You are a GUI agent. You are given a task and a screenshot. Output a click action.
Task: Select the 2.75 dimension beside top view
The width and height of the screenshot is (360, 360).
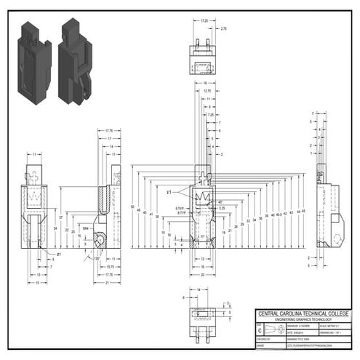pyautogui.click(x=223, y=28)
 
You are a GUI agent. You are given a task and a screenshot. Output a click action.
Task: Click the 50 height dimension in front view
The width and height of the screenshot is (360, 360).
pyautogui.click(x=132, y=207)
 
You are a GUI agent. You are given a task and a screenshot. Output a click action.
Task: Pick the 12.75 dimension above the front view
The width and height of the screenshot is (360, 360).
pyautogui.click(x=207, y=91)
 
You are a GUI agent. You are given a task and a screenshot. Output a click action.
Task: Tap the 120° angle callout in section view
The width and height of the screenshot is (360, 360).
pyautogui.click(x=97, y=258)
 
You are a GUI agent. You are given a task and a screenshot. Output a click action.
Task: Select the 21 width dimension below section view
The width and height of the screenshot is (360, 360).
pyautogui.click(x=106, y=283)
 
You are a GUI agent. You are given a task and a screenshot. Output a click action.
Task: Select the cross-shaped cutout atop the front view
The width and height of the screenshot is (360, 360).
pyautogui.click(x=204, y=176)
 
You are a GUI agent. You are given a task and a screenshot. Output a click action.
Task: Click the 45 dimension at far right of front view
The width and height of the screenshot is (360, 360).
pyautogui.click(x=303, y=211)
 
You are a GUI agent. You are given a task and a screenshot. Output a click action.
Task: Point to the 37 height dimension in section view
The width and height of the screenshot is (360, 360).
pyautogui.click(x=61, y=217)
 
